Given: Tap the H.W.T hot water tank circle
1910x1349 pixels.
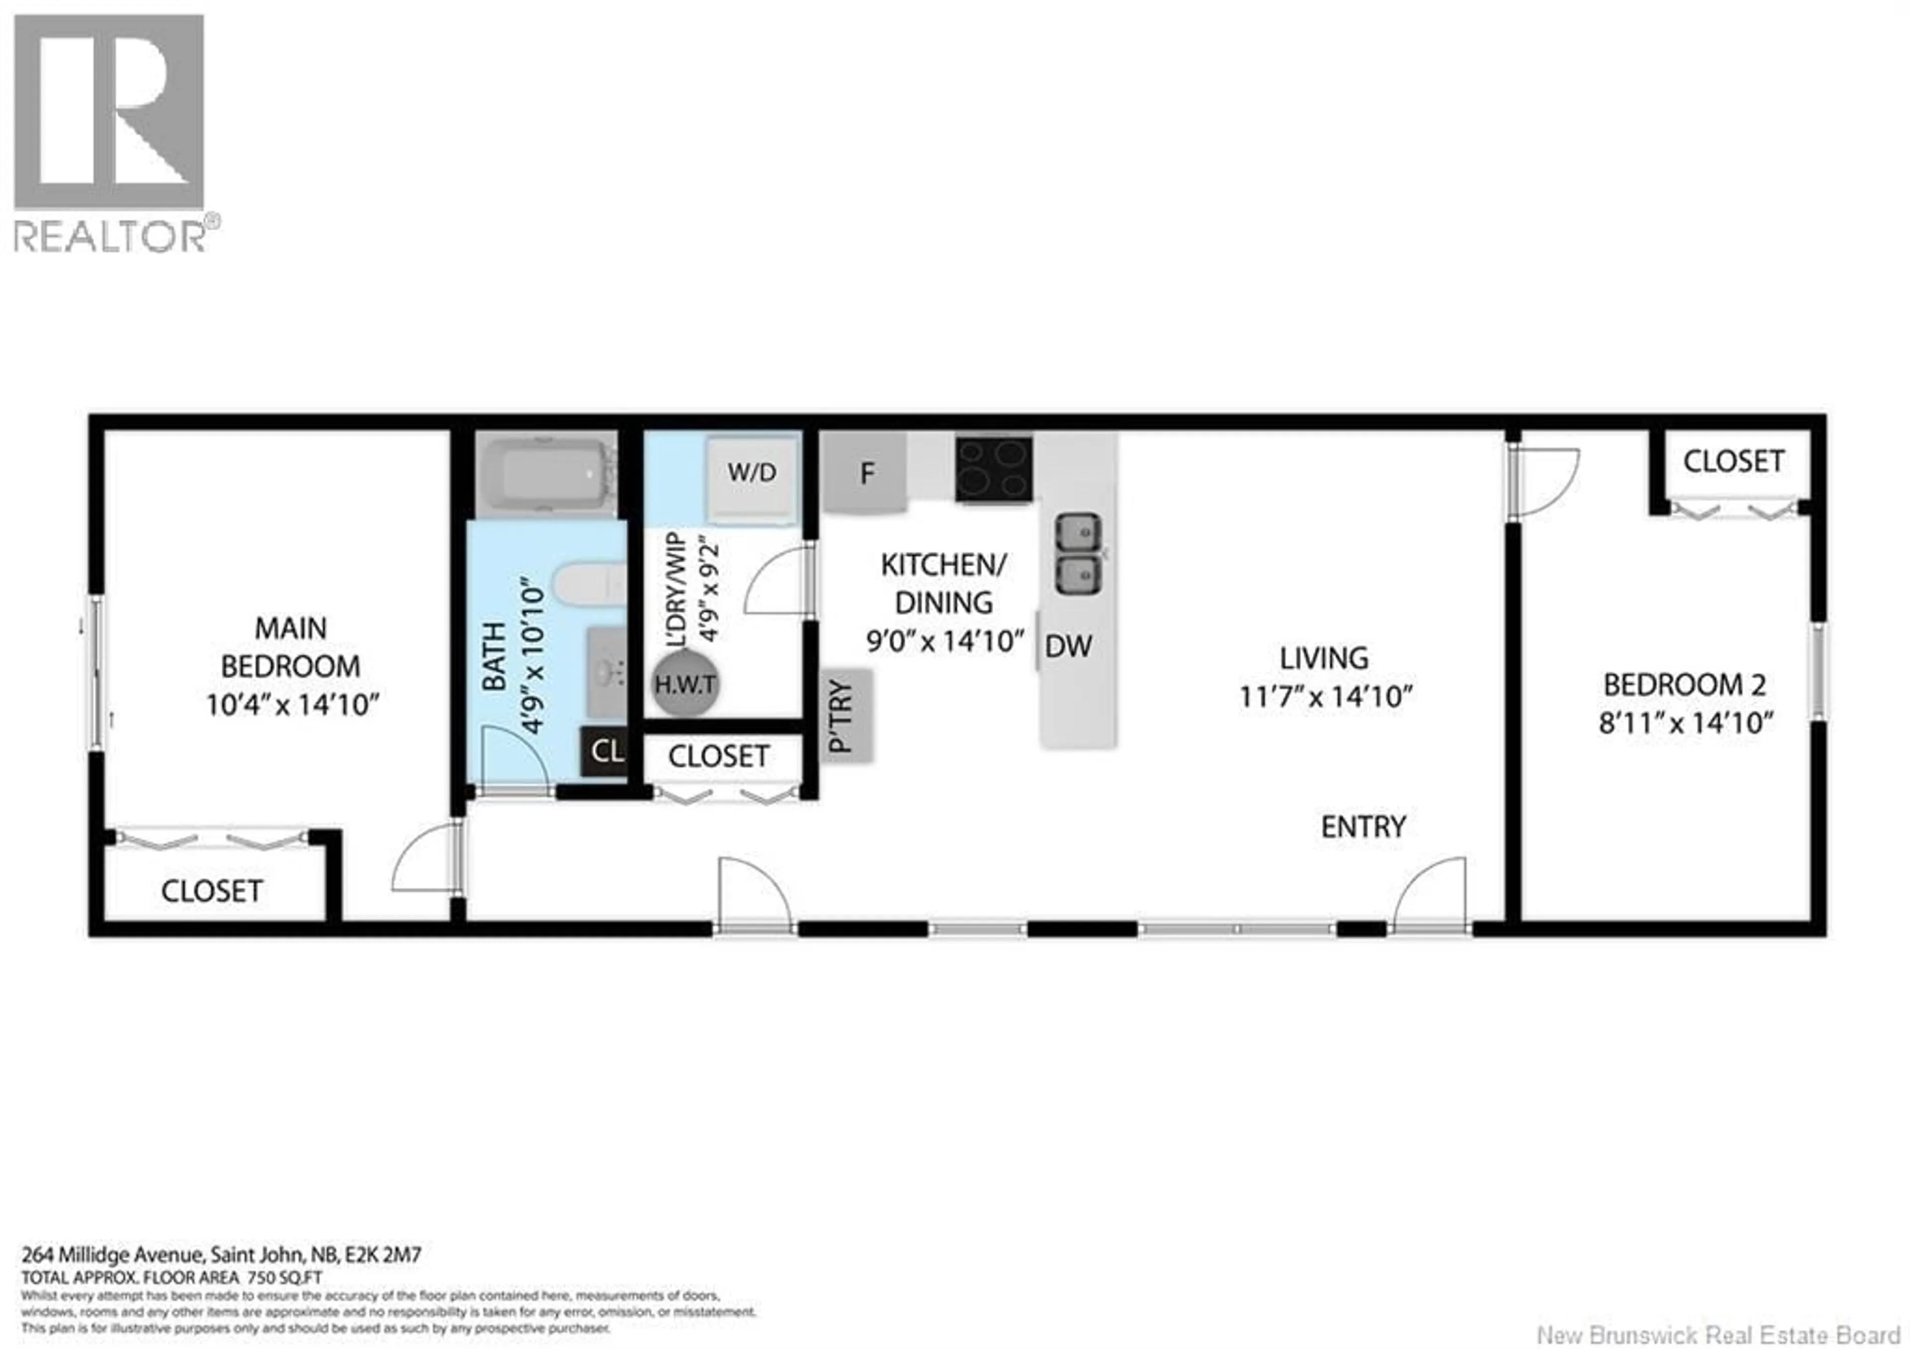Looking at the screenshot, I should [684, 685].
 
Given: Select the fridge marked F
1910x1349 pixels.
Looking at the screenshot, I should [865, 474].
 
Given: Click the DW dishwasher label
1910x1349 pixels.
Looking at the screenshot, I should [1068, 646].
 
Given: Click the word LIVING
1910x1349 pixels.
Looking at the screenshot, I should [1324, 658].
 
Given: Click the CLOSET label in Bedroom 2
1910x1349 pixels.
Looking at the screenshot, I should [1733, 461].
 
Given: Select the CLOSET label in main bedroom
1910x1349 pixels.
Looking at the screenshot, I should [211, 891].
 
